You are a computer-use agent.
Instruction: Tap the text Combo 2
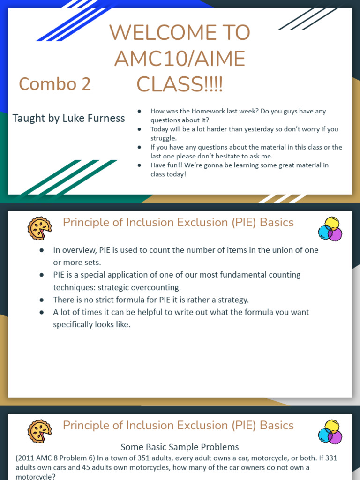pyautogui.click(x=55, y=84)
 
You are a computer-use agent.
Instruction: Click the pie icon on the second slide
pyautogui.click(x=39, y=228)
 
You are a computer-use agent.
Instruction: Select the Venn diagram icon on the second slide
pyautogui.click(x=330, y=229)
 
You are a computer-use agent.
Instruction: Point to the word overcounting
pyautogui.click(x=157, y=287)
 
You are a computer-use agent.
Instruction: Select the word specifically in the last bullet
pyautogui.click(x=75, y=324)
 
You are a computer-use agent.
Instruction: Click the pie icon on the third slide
pyautogui.click(x=39, y=431)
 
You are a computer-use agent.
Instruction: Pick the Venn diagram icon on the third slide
pyautogui.click(x=330, y=432)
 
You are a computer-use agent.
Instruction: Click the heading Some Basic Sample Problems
pyautogui.click(x=180, y=447)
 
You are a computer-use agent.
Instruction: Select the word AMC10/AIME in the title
pyautogui.click(x=180, y=59)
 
